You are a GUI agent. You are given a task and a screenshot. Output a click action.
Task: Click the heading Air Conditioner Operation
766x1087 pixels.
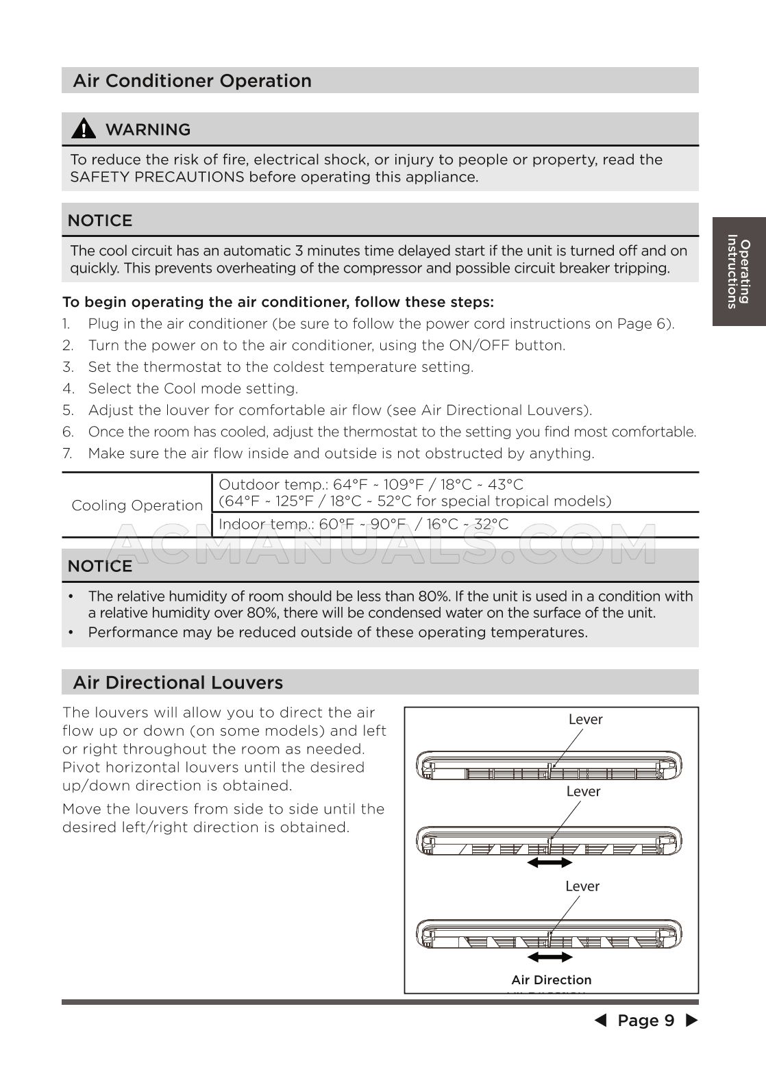click(192, 81)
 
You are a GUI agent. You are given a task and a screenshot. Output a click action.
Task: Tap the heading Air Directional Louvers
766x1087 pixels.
click(177, 682)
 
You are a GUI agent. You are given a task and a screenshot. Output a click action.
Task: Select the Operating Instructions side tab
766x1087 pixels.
click(739, 271)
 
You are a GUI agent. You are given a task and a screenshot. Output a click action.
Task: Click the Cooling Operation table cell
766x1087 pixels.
click(137, 505)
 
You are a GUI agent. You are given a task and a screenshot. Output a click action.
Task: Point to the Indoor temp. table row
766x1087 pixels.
click(363, 525)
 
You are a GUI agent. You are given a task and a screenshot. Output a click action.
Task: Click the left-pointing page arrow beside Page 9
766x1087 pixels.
click(600, 1021)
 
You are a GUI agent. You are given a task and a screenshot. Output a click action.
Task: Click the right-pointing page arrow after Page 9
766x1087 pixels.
click(692, 1021)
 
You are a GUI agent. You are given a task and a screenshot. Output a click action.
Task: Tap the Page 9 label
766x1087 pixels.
click(645, 1021)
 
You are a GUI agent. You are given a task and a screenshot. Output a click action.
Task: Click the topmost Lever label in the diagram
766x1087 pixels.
click(585, 719)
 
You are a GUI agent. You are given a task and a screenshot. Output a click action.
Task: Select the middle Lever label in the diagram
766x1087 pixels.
click(583, 791)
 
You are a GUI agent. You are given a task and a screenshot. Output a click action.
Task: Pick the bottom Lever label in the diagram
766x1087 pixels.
click(582, 886)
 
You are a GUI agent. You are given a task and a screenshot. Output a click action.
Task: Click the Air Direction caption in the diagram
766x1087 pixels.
click(551, 980)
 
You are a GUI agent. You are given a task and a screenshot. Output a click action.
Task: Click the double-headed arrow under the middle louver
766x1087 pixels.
click(549, 863)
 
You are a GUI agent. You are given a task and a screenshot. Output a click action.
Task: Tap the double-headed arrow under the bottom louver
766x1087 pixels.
click(550, 957)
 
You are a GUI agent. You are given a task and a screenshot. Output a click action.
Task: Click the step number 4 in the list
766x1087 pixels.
click(68, 389)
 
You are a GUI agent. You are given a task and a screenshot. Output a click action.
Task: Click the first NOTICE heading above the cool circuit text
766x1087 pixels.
click(100, 221)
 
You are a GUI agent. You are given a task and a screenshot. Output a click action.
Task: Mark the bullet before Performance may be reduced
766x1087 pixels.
click(71, 632)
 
